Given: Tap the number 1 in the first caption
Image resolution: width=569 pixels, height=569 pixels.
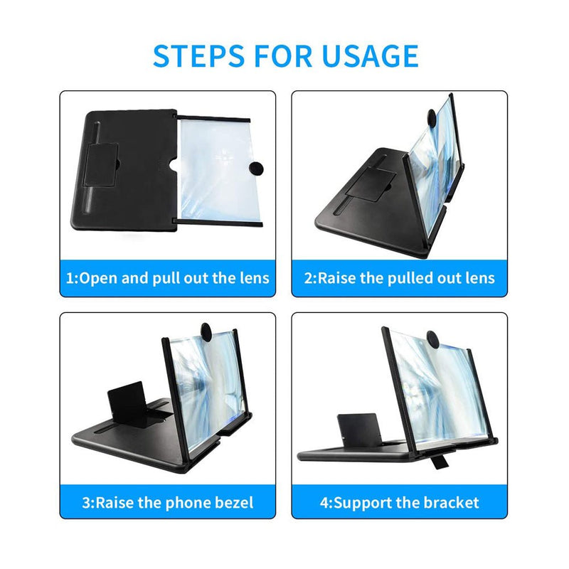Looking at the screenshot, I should [x=70, y=277].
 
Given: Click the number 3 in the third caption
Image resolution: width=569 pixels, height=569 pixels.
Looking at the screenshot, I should [x=87, y=503].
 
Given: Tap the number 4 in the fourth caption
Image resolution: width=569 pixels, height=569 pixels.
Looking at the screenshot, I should [x=324, y=503].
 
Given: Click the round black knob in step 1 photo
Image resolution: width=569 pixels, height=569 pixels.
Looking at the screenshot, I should [x=255, y=168].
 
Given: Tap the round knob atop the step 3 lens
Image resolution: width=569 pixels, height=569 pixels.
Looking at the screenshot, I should [x=206, y=331].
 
